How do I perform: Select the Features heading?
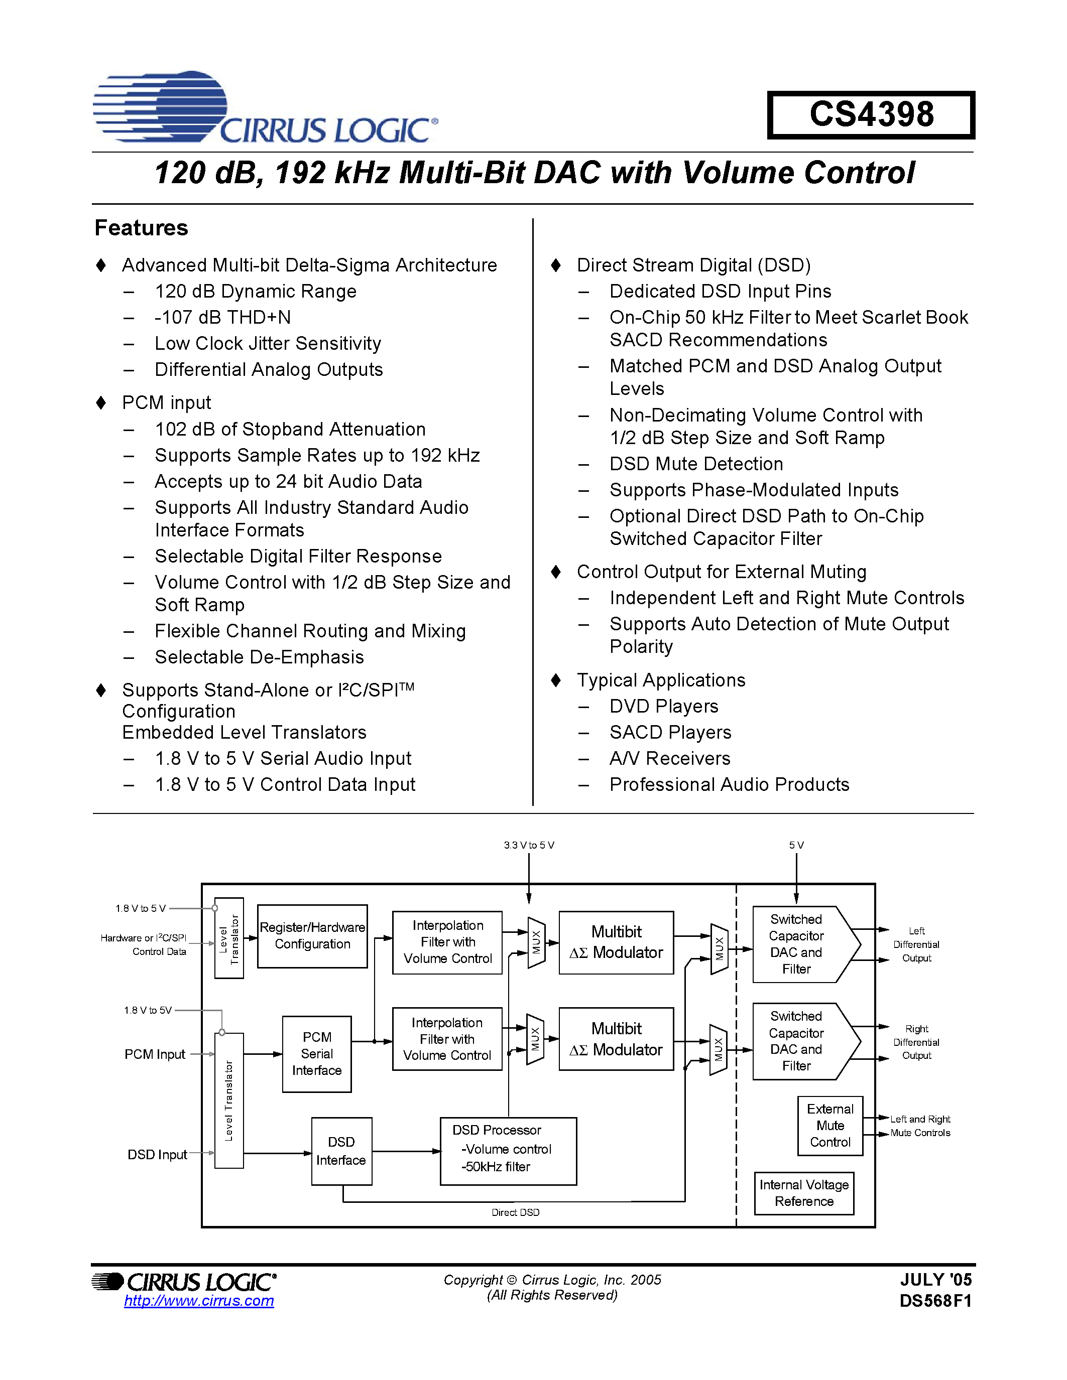pyautogui.click(x=141, y=227)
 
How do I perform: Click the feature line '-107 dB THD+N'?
pyautogui.click(x=222, y=317)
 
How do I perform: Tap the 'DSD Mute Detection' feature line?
pyautogui.click(x=696, y=464)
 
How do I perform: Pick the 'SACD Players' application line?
pyautogui.click(x=670, y=732)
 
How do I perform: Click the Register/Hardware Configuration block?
pyautogui.click(x=312, y=936)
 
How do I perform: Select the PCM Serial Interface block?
pyautogui.click(x=317, y=1054)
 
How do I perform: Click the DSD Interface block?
pyautogui.click(x=341, y=1151)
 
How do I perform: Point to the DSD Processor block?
pyautogui.click(x=508, y=1151)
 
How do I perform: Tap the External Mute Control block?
pyautogui.click(x=830, y=1126)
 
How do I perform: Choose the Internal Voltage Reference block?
pyautogui.click(x=804, y=1193)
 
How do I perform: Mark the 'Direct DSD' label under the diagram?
pyautogui.click(x=516, y=1212)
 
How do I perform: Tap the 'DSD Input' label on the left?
pyautogui.click(x=157, y=1154)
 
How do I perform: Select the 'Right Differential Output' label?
pyautogui.click(x=916, y=1042)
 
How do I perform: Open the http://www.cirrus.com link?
pyautogui.click(x=199, y=1300)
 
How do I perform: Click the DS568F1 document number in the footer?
pyautogui.click(x=935, y=1301)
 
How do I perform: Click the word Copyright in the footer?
pyautogui.click(x=473, y=1280)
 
